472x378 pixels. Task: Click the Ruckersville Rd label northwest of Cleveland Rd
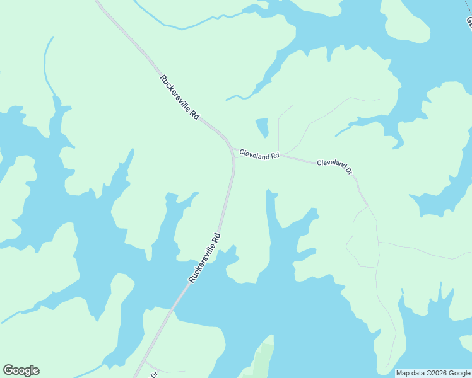[180, 98]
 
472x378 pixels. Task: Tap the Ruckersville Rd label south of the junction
[204, 258]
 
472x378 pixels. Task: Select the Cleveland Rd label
[259, 156]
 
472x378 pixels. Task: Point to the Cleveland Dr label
[334, 165]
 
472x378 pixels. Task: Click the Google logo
[21, 370]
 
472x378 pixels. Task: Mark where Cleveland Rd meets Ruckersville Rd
[233, 149]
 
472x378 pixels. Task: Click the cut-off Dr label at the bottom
[153, 374]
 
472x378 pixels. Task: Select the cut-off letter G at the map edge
[469, 22]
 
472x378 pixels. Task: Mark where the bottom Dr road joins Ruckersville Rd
[145, 362]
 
